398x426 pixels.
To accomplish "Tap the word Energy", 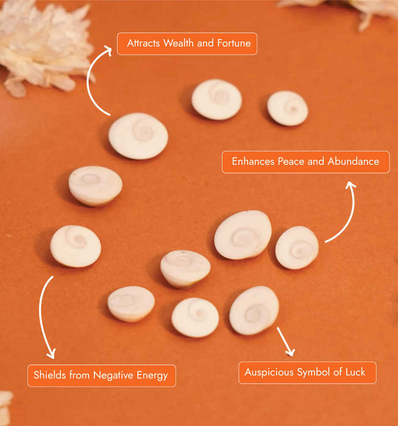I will (152, 375).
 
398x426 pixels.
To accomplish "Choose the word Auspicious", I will (269, 372).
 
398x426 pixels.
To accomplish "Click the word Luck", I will (355, 372).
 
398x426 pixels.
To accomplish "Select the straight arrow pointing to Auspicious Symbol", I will (285, 341).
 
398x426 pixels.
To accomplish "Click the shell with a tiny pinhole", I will (185, 268).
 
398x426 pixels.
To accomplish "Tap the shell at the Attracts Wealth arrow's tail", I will (138, 136).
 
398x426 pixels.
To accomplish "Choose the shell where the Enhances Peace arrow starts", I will (297, 247).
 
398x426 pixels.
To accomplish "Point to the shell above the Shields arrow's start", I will (75, 246).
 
